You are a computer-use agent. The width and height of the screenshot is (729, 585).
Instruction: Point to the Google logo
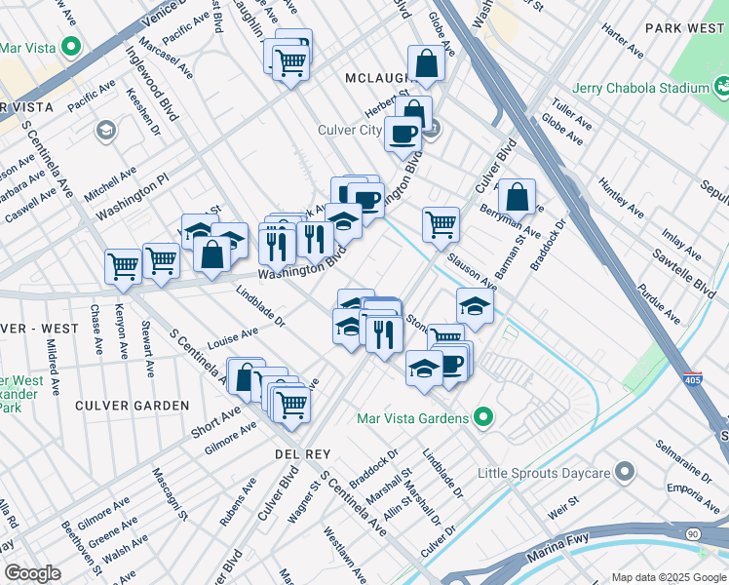pos(32,573)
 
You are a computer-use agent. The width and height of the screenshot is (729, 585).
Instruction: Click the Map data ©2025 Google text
pos(669,577)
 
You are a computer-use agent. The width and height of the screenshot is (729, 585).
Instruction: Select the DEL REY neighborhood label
pos(302,454)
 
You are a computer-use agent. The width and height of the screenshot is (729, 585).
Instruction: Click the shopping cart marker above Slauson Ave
pos(441,223)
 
